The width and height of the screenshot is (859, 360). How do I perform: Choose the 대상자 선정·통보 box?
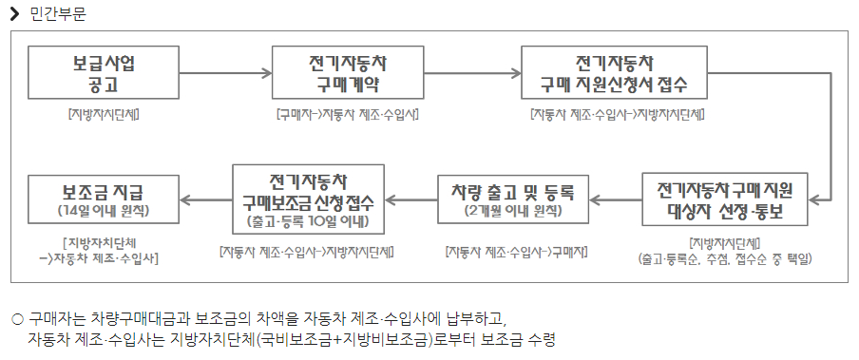[x=724, y=199]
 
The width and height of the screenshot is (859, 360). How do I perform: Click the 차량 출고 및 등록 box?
[x=513, y=199]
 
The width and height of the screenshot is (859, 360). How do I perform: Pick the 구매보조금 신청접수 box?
[x=308, y=199]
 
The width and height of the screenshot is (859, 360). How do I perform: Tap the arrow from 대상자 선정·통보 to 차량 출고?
[x=615, y=199]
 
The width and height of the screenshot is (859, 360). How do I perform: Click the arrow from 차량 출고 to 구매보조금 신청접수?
[x=410, y=199]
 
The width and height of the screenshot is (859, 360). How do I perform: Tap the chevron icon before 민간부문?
[x=15, y=13]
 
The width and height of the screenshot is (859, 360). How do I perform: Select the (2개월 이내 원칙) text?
[x=513, y=210]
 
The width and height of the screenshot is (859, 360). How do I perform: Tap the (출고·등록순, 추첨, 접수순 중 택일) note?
[x=724, y=257]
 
